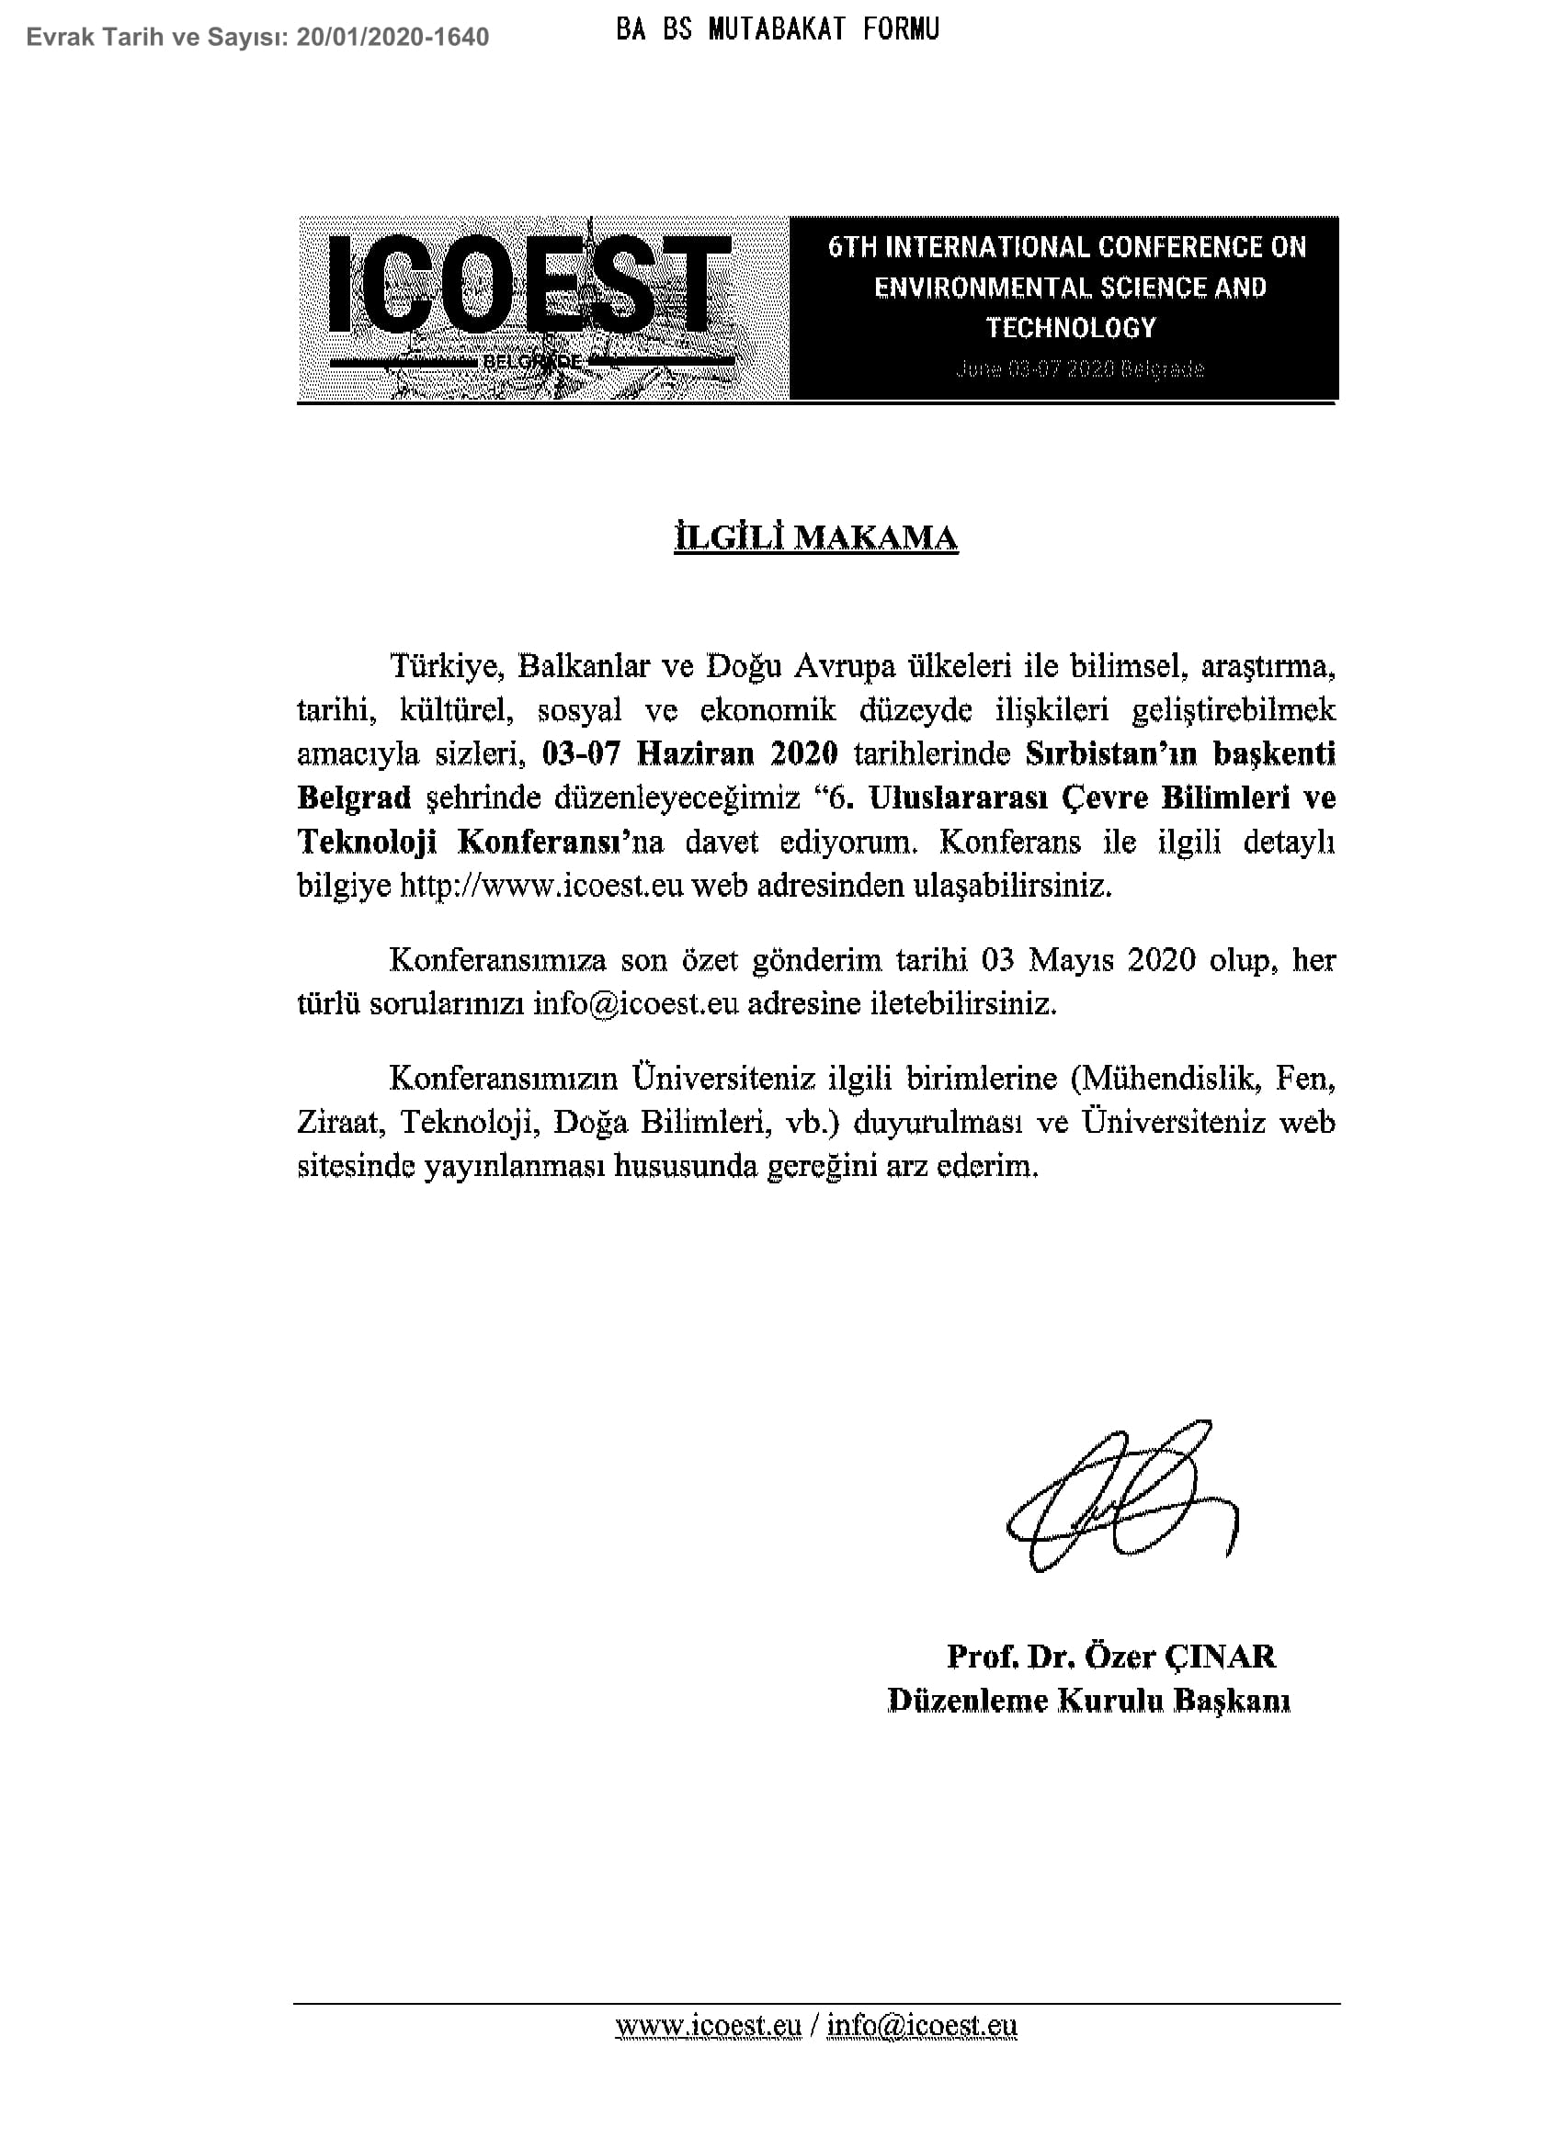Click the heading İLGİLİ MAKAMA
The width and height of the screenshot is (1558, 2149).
click(x=815, y=538)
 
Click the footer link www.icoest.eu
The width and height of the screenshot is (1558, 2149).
click(x=708, y=2025)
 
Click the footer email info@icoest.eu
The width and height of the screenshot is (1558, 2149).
click(x=921, y=2025)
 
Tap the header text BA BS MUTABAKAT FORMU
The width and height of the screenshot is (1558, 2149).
click(x=777, y=30)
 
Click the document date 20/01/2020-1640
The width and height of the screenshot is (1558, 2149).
click(x=392, y=37)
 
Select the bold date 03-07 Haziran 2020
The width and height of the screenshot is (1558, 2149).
click(x=689, y=753)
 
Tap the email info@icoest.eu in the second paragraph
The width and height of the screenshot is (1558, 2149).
click(x=634, y=1003)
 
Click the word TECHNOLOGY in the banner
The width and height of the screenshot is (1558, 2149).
click(x=1071, y=328)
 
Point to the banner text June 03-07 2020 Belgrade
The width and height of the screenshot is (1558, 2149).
click(x=1079, y=368)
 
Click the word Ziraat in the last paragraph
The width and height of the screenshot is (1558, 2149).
click(x=338, y=1122)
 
